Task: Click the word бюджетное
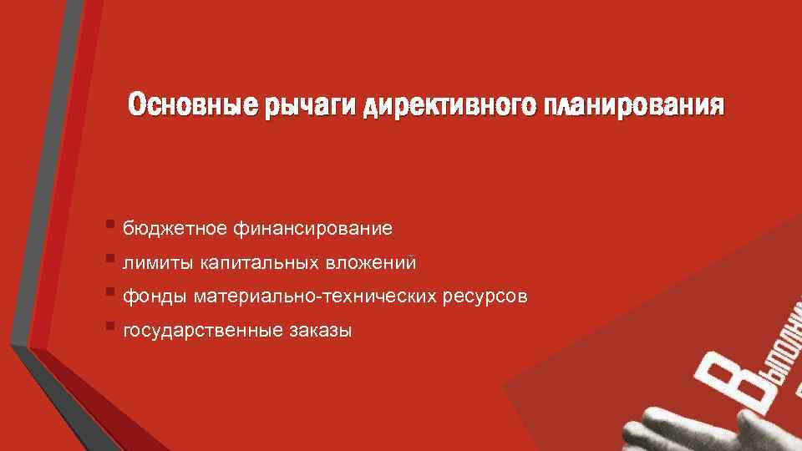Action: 175,228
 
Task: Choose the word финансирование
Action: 313,228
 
